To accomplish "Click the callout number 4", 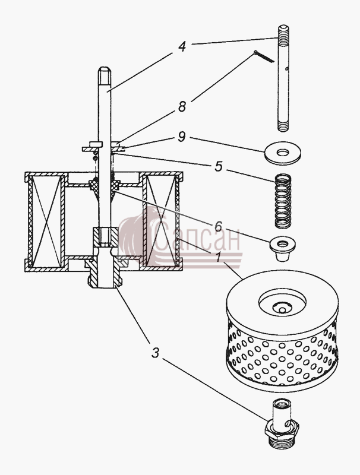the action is click(x=182, y=46).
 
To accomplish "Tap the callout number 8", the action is click(x=182, y=106).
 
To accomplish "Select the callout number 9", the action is click(x=182, y=137).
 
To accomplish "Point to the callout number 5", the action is click(x=219, y=166).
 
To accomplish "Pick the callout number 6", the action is click(x=218, y=226).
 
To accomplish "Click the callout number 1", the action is click(x=218, y=258).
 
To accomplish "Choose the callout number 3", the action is click(x=155, y=352).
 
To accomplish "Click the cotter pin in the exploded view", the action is click(x=264, y=56).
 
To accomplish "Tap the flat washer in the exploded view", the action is click(x=282, y=152).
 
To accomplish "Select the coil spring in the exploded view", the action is click(x=283, y=201).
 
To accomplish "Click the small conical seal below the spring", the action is click(x=282, y=248).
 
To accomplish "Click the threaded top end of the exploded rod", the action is click(x=283, y=33).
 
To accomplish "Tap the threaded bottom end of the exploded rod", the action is click(x=283, y=126).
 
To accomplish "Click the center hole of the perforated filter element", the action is click(x=282, y=310).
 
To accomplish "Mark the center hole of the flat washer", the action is click(x=282, y=153).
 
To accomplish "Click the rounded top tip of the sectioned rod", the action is click(x=103, y=69).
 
